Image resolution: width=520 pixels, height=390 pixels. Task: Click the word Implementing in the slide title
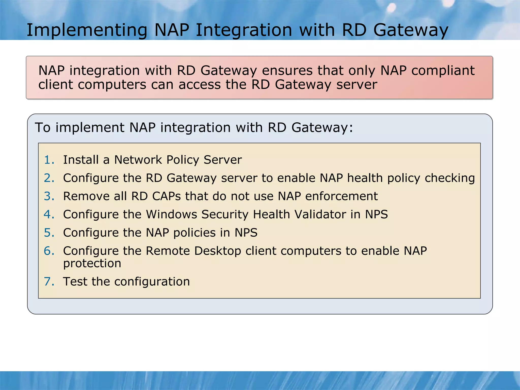87,30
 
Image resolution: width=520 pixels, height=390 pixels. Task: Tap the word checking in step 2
450,178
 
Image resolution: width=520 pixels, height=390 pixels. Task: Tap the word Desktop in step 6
217,251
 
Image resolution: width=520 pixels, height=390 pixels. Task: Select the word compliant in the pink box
443,71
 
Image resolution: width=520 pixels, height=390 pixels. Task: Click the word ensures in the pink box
287,71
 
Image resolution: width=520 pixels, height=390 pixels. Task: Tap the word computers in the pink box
112,85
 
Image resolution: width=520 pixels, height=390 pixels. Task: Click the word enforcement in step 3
341,196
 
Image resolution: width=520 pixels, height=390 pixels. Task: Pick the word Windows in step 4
171,215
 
